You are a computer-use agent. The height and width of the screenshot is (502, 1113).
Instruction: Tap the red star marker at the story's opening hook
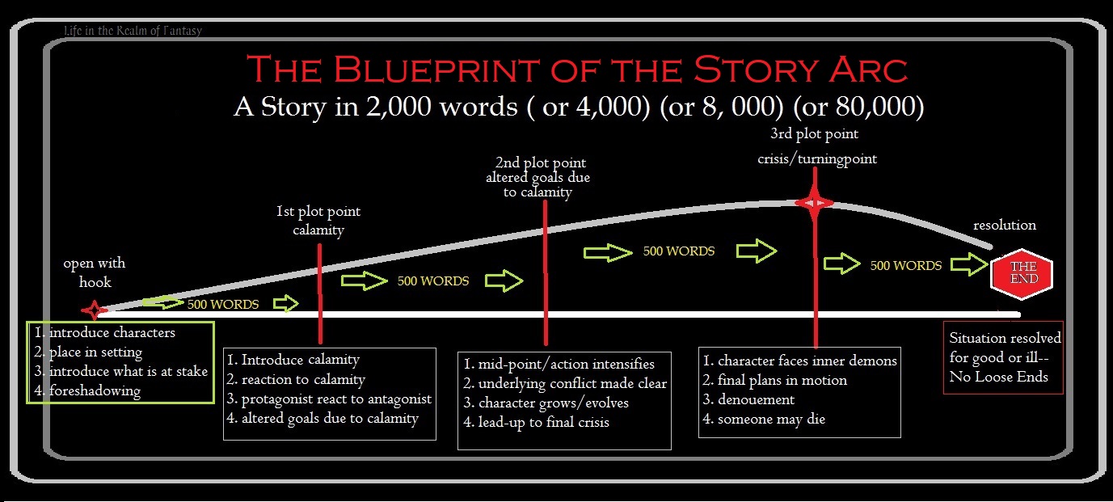point(94,310)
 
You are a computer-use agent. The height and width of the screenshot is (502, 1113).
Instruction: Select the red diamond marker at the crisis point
point(814,202)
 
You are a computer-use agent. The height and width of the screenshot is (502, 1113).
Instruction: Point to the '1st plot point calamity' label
point(318,221)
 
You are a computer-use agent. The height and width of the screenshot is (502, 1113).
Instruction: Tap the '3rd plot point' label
point(816,133)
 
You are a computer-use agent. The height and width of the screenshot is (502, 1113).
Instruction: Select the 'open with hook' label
point(95,272)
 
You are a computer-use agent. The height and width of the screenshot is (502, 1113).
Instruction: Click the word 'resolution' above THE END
point(1004,225)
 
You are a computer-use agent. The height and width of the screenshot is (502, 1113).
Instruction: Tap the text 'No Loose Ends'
point(998,376)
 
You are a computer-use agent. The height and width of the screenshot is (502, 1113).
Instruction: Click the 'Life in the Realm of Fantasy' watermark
point(133,32)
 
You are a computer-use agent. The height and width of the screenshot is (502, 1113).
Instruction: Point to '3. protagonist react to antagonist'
point(329,399)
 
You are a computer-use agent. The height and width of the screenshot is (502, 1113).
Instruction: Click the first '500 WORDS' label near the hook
point(223,305)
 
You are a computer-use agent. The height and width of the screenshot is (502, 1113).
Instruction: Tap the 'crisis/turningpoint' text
point(817,159)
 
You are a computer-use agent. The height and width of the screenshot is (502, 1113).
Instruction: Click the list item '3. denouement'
point(748,399)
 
